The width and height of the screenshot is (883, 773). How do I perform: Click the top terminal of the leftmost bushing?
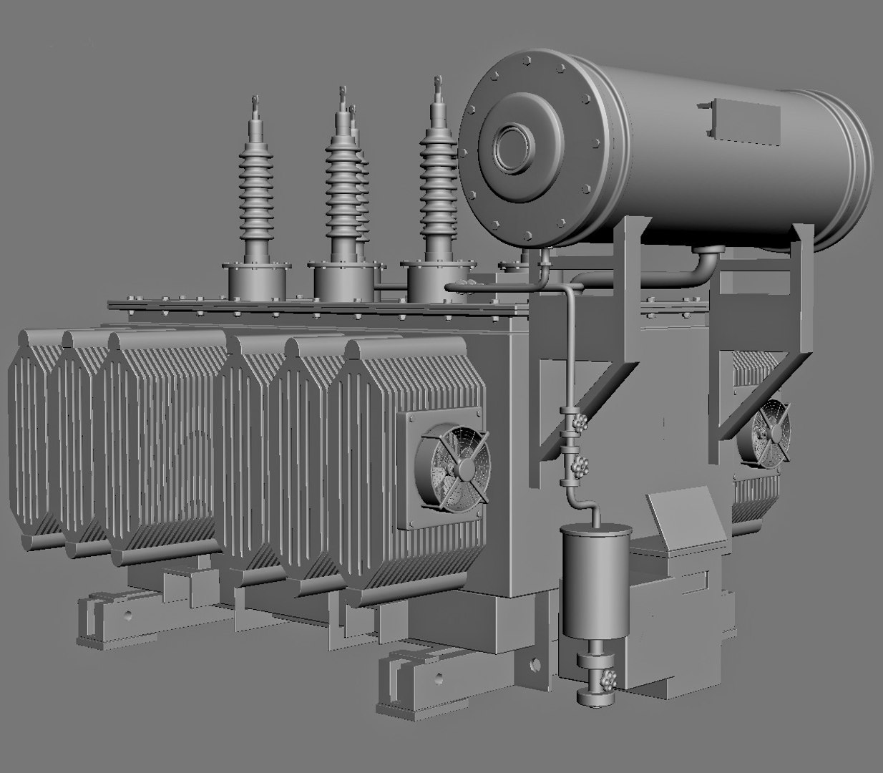pos(254,104)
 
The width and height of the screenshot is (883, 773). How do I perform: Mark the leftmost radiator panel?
pos(32,437)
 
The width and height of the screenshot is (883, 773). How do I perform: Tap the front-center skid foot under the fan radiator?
pos(408,680)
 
